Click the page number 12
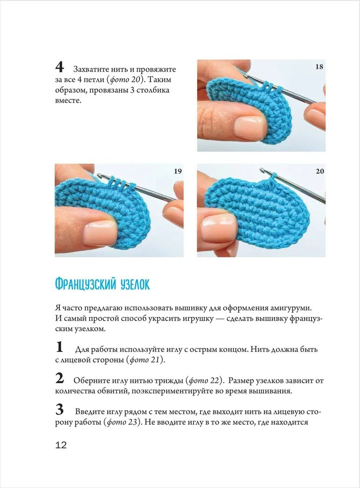click(61, 445)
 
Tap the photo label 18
click(319, 67)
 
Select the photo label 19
click(178, 171)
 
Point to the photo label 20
click(319, 171)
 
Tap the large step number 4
click(60, 66)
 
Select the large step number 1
click(59, 347)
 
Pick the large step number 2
click(59, 378)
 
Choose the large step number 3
click(59, 410)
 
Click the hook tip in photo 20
click(263, 172)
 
